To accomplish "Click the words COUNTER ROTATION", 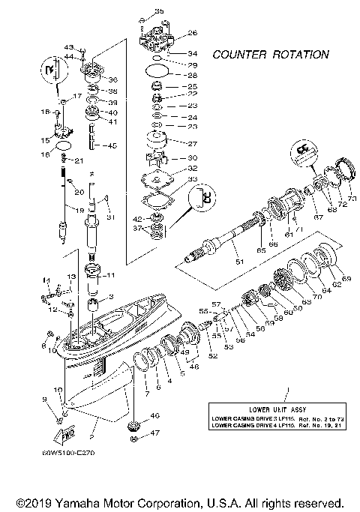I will [269, 55].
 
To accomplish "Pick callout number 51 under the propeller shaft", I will [240, 262].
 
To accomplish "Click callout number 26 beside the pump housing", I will [193, 33].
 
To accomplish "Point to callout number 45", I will [112, 145].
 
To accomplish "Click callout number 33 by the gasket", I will [193, 180].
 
